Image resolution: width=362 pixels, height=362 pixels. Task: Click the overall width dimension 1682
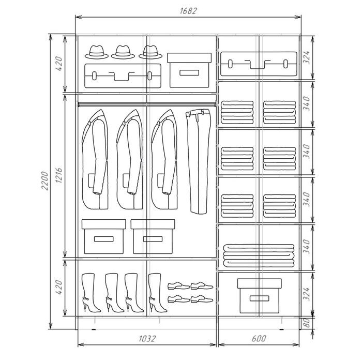188,11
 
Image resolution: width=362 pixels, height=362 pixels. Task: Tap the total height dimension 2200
44,181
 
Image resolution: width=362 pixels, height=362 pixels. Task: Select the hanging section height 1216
58,175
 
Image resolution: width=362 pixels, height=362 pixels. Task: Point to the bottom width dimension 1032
147,339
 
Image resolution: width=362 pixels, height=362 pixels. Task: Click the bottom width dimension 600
259,339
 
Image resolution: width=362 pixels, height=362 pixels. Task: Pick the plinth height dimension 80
306,323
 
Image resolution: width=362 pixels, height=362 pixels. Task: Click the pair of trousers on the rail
199,161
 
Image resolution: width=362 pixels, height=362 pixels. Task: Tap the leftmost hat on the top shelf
97,52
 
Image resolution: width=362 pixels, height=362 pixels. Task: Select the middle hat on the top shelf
123,52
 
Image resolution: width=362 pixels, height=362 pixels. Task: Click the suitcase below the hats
123,76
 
